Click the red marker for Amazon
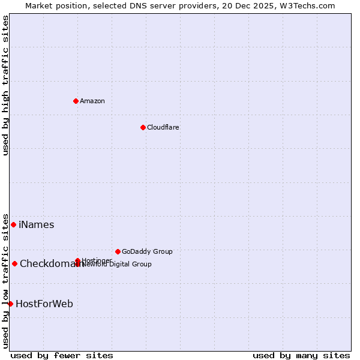76,101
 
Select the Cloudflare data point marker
143,127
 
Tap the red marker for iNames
13,224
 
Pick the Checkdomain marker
14,263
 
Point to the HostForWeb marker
10,304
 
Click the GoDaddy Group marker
118,251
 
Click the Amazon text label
92,101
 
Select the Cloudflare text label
163,127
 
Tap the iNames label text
37,225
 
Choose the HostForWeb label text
44,304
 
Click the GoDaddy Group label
147,251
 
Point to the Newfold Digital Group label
118,264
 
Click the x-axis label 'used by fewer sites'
62,355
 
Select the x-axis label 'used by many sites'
301,355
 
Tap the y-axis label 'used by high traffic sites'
5,85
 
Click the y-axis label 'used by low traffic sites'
5,281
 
